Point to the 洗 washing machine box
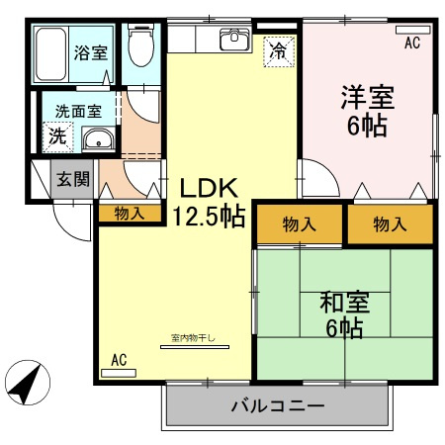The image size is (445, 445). pos(57,136)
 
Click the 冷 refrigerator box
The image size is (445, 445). pos(280,50)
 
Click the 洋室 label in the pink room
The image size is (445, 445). pos(367,99)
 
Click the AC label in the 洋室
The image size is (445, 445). pos(412,43)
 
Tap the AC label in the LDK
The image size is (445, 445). pos(120,360)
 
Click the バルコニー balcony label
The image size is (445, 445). pos(278,405)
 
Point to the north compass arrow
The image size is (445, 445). pos(30,380)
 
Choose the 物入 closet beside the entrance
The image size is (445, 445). pos(130,213)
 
